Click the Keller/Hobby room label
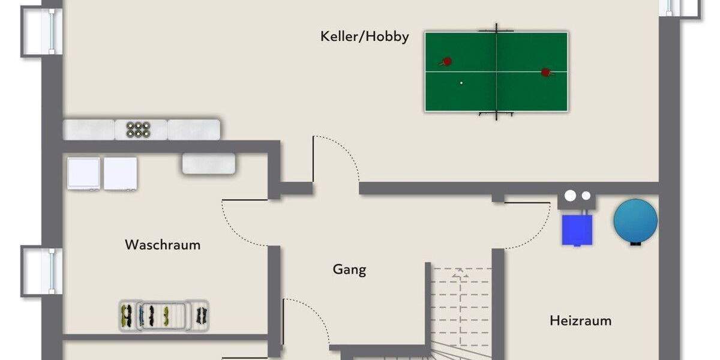[364, 37]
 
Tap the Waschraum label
[163, 245]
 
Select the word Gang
[349, 269]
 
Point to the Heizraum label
[580, 320]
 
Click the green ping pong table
[496, 90]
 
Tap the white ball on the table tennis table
[461, 83]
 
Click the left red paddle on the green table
[445, 61]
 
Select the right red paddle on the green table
[545, 72]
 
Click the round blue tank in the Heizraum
[635, 221]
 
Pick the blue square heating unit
[577, 229]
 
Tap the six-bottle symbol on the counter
[138, 129]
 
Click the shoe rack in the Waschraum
[165, 314]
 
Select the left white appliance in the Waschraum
[83, 173]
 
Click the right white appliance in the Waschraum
[120, 173]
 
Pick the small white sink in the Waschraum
[208, 163]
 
